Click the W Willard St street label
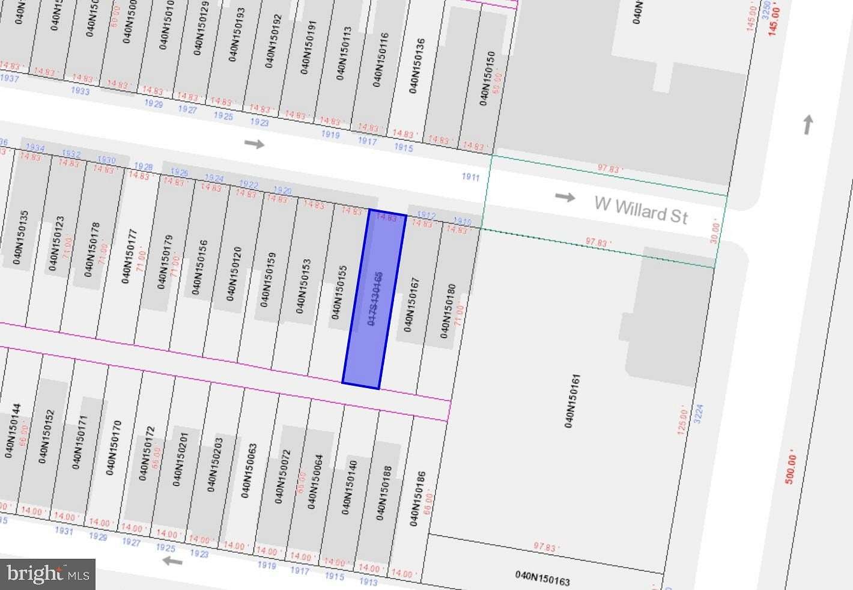click(641, 210)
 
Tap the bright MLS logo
click(48, 574)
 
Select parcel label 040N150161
click(572, 401)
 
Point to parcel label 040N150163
click(542, 578)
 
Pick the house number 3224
click(698, 414)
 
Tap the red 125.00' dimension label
click(682, 421)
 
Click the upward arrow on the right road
click(808, 124)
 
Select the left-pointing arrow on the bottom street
click(172, 561)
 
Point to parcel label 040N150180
click(448, 311)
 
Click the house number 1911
click(471, 177)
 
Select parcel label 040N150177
click(129, 256)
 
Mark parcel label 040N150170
click(113, 448)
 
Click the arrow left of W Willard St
click(565, 197)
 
